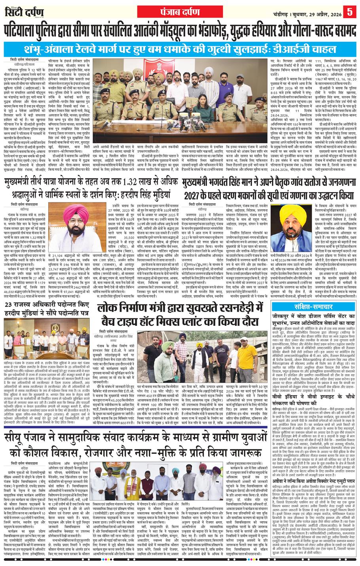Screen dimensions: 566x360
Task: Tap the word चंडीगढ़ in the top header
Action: [x=276, y=11]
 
